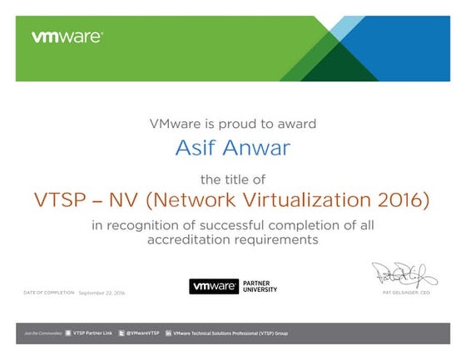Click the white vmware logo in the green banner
tap(67, 37)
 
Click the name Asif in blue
tap(193, 148)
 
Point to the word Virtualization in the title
tap(302, 200)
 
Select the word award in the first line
tap(296, 124)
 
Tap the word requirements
tap(280, 239)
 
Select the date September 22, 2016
tap(102, 293)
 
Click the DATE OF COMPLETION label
tap(49, 293)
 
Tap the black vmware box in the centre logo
tap(213, 286)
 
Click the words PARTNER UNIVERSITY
tap(260, 286)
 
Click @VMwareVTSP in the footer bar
tap(140, 333)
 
